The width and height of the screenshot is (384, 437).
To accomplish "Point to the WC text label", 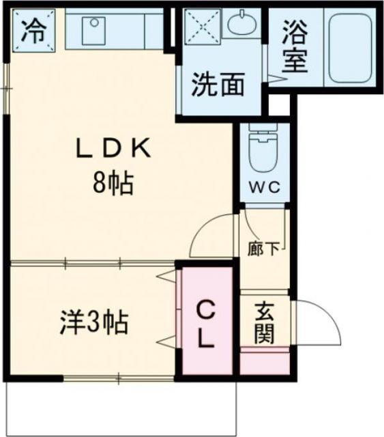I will coord(263,187).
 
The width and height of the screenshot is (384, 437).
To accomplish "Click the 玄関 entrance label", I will coord(265,322).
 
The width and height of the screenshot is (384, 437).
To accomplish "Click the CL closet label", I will coord(206,324).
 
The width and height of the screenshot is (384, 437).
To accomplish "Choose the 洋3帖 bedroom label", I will coord(93,321).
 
